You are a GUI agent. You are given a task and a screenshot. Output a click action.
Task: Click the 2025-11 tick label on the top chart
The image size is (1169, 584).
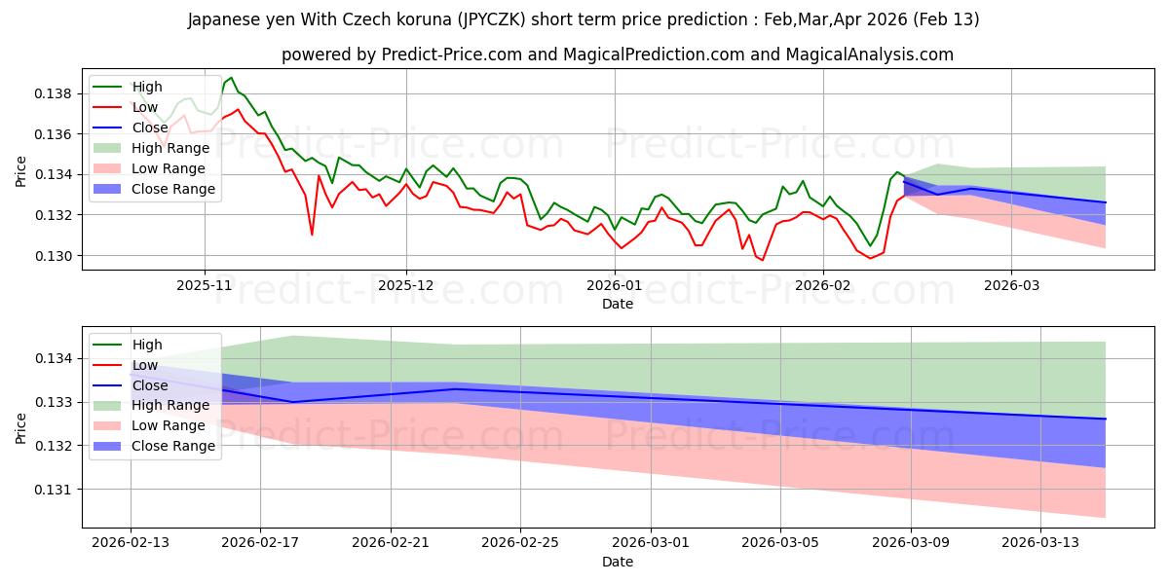pyautogui.click(x=205, y=286)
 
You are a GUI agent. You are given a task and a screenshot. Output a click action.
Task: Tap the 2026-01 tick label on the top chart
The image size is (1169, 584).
pyautogui.click(x=615, y=286)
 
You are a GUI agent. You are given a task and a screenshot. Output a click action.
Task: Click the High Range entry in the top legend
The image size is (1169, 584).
pyautogui.click(x=170, y=148)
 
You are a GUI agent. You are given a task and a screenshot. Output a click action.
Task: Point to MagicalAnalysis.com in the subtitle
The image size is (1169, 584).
pyautogui.click(x=874, y=55)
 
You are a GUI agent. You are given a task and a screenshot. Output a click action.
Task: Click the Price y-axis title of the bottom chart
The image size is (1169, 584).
pyautogui.click(x=21, y=427)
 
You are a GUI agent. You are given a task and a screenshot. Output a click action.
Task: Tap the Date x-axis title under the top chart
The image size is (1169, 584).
pyautogui.click(x=617, y=304)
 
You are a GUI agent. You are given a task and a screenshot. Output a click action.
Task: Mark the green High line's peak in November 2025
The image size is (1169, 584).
pyautogui.click(x=231, y=78)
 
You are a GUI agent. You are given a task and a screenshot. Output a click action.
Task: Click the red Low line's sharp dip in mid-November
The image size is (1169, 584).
pyautogui.click(x=312, y=235)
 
